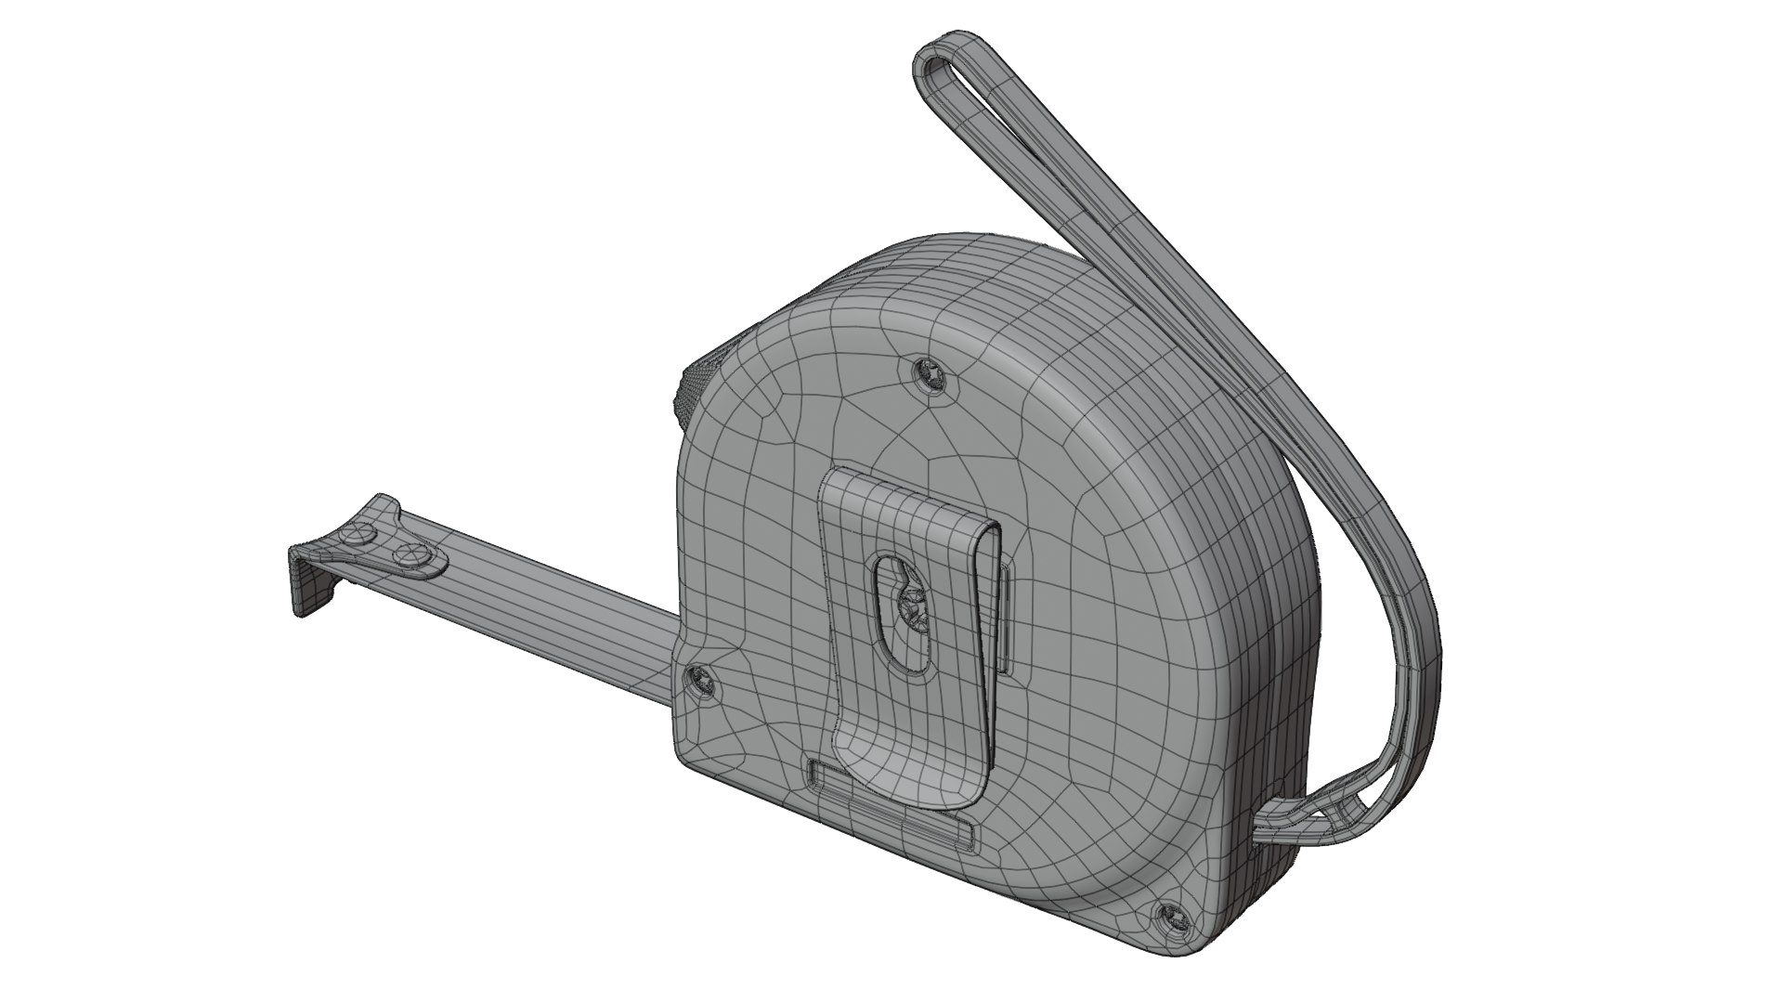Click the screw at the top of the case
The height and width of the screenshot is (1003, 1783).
tap(928, 373)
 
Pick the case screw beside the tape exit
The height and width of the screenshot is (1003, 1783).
tap(699, 682)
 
